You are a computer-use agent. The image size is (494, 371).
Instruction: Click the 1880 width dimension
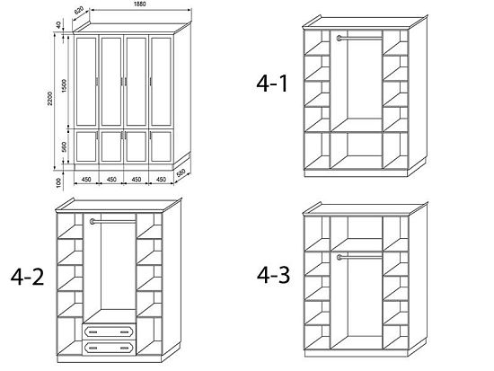click(x=139, y=4)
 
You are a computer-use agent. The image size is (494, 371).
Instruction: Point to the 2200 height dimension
click(x=49, y=99)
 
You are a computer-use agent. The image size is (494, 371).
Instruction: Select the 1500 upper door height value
click(x=65, y=85)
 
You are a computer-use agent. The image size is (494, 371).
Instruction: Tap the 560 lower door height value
click(x=64, y=146)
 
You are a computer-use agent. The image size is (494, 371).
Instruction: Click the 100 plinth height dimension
click(x=58, y=182)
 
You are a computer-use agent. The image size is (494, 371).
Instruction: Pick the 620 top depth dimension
click(x=79, y=11)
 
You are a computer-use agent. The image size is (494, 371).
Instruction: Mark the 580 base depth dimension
click(x=181, y=173)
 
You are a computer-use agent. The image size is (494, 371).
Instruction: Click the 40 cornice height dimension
click(x=58, y=25)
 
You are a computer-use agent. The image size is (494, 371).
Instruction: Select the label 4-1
click(x=272, y=84)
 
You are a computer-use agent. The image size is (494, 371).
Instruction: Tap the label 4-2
click(x=28, y=277)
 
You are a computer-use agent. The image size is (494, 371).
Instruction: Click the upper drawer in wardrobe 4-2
click(x=109, y=331)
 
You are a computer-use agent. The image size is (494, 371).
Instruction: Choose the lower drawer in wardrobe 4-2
click(x=109, y=348)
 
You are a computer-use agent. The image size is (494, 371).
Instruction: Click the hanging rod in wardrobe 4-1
click(x=359, y=39)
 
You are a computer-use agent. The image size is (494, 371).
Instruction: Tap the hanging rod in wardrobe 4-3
click(x=359, y=257)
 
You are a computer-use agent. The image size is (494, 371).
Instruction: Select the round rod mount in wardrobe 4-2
click(x=93, y=221)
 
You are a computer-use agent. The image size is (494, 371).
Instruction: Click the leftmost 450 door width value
click(x=86, y=180)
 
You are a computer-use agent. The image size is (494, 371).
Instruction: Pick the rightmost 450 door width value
click(x=161, y=180)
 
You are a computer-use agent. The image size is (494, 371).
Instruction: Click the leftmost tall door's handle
click(x=97, y=82)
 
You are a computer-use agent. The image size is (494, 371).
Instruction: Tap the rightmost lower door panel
click(x=161, y=146)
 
